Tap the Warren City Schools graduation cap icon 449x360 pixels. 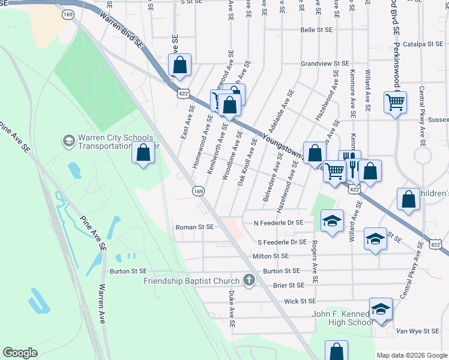click(68, 142)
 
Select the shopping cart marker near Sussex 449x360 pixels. click(395, 103)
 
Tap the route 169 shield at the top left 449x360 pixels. click(69, 13)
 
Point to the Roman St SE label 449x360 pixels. click(194, 227)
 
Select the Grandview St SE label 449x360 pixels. click(325, 63)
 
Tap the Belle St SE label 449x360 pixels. click(316, 29)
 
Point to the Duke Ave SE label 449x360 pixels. click(232, 308)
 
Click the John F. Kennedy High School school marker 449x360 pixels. click(381, 308)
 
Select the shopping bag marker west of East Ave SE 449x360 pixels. click(143, 153)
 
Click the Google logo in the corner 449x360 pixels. click(20, 353)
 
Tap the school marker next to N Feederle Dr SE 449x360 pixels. click(332, 221)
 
